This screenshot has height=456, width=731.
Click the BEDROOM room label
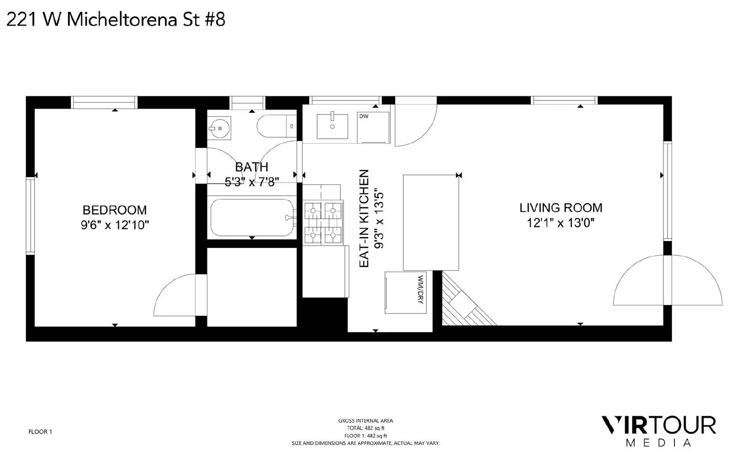[115, 210]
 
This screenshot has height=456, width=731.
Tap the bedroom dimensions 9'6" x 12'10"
[115, 225]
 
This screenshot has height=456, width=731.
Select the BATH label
[252, 167]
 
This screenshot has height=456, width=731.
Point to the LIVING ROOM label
[561, 208]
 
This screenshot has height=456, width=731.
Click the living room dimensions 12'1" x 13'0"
[561, 223]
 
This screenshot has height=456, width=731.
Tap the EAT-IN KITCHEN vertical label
[364, 218]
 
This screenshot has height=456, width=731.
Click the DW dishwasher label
[364, 116]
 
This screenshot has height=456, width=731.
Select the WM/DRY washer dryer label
[420, 290]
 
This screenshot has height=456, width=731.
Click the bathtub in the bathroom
[252, 217]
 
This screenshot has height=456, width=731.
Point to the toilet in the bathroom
[276, 126]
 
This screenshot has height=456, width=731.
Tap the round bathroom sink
[219, 128]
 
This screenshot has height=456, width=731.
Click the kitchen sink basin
[332, 126]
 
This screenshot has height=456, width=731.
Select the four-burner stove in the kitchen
[323, 223]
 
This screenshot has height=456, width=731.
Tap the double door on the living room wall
[667, 280]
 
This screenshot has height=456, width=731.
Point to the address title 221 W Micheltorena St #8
[116, 20]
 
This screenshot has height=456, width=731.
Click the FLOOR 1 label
[40, 432]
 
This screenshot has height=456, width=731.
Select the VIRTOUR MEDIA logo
[658, 431]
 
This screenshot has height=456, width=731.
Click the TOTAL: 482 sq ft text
[365, 428]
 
